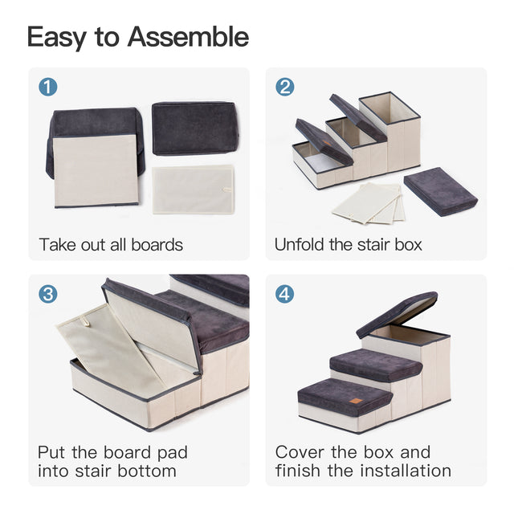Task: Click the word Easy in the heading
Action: click(x=56, y=37)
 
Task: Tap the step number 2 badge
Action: click(x=284, y=87)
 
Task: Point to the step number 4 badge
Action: click(x=284, y=294)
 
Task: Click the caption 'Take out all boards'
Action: click(x=111, y=244)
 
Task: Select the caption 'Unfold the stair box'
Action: click(x=348, y=244)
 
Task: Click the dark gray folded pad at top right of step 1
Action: click(x=195, y=127)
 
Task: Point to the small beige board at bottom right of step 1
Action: click(x=194, y=189)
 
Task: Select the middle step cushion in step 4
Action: click(x=375, y=363)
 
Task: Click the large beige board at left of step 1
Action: click(x=95, y=169)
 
